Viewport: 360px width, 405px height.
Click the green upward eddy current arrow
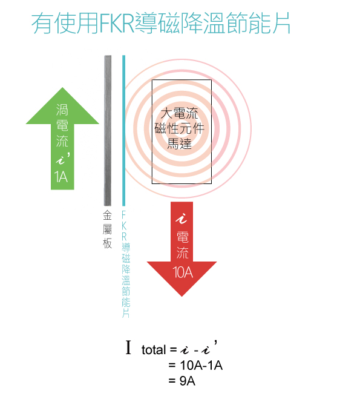pos(62,139)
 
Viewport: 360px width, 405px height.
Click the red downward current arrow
pos(182,249)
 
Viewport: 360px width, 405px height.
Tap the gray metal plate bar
pos(108,130)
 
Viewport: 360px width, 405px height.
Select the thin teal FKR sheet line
pos(124,130)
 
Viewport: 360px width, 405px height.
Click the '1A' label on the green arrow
pos(61,177)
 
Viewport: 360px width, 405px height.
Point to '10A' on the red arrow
pos(183,272)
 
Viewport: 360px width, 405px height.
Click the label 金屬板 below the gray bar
pos(107,229)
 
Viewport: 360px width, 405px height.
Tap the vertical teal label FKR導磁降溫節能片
pos(126,264)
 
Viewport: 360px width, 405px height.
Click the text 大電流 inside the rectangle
pos(179,113)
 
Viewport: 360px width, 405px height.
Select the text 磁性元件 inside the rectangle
pos(179,128)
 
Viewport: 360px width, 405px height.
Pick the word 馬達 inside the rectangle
pos(179,143)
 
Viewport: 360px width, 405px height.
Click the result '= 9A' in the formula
pos(182,381)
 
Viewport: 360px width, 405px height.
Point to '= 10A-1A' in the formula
pos(195,365)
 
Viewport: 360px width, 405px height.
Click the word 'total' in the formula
pos(154,350)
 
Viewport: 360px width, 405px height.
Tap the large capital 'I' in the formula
pos(128,347)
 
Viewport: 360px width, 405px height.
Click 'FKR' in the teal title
pos(117,23)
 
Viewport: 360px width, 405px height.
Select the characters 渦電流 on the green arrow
pos(62,125)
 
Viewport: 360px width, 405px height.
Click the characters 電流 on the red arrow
pos(183,245)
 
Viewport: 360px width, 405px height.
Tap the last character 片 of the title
pos(281,23)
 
